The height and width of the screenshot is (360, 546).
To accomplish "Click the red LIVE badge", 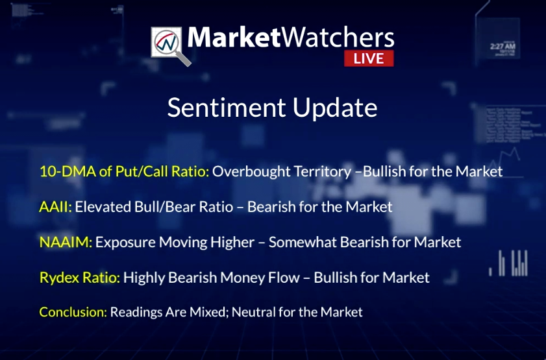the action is pyautogui.click(x=369, y=58).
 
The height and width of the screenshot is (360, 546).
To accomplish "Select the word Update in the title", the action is pyautogui.click(x=335, y=108).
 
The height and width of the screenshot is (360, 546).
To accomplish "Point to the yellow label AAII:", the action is pyautogui.click(x=55, y=207).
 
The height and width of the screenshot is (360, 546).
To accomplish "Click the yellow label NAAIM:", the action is pyautogui.click(x=66, y=242).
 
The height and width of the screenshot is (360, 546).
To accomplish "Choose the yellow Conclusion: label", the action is pyautogui.click(x=73, y=312).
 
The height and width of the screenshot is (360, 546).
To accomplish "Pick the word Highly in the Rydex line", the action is pyautogui.click(x=144, y=278).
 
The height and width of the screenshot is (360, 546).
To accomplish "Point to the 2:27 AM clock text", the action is pyautogui.click(x=503, y=46).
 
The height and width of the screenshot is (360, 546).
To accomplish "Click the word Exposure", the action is pyautogui.click(x=125, y=243).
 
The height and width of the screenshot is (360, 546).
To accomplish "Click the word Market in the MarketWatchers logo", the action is pyautogui.click(x=234, y=37).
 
